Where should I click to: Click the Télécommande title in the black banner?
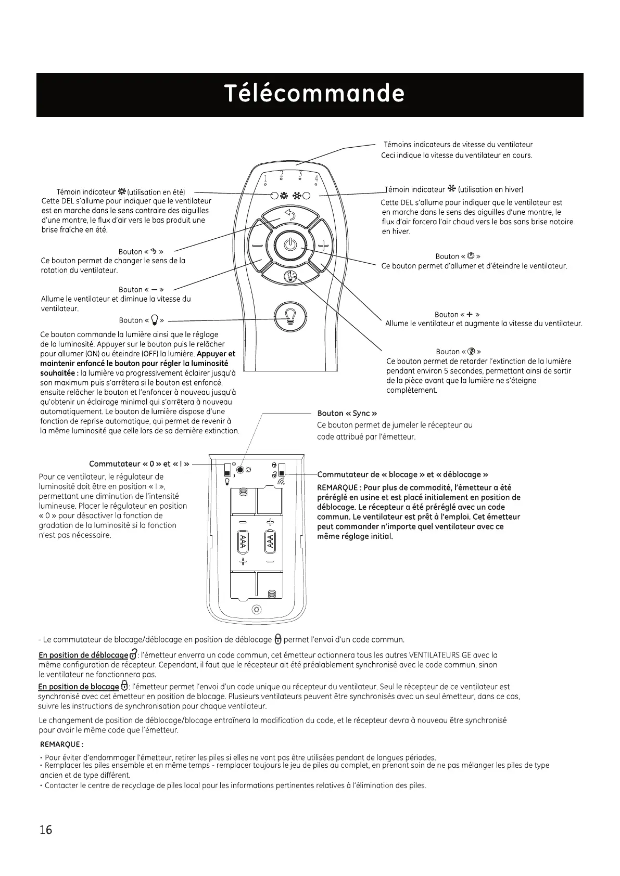[x=314, y=94]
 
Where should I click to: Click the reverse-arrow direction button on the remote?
[x=290, y=215]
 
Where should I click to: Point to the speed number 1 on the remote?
[x=265, y=179]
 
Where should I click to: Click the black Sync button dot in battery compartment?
[x=240, y=470]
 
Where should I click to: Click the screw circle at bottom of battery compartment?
[x=256, y=609]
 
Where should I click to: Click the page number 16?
[x=46, y=829]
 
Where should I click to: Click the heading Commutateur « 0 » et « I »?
[x=139, y=464]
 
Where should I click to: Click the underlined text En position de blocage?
[x=79, y=687]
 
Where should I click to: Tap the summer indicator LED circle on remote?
[x=274, y=197]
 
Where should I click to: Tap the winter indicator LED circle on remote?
[x=306, y=197]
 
